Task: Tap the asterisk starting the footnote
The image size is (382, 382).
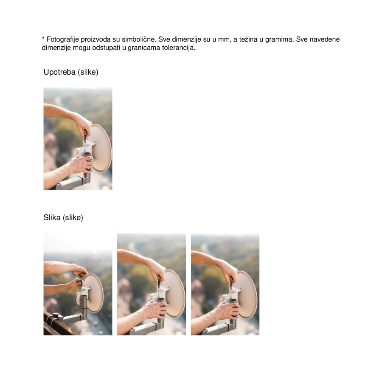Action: [43, 39]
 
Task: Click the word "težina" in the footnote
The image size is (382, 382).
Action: [247, 39]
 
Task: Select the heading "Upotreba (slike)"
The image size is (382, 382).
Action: [71, 72]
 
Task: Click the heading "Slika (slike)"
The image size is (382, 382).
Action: [63, 218]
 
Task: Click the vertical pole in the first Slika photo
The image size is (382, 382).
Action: [84, 306]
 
